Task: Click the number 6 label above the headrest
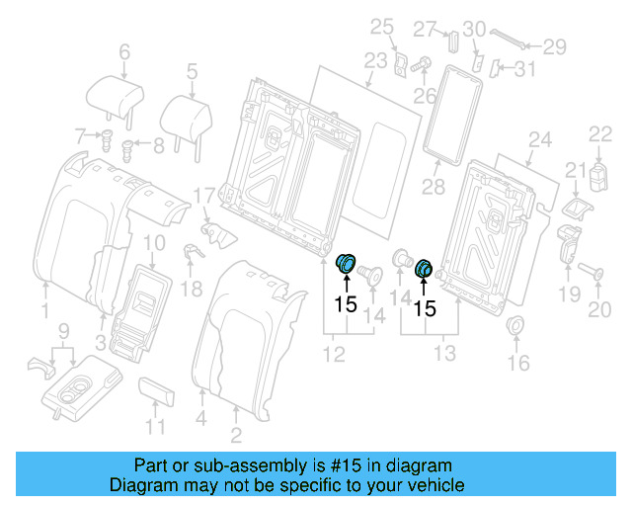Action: pos(124,52)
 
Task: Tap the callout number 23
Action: pos(375,60)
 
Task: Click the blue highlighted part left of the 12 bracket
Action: pos(347,264)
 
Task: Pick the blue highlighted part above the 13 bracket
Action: pos(425,268)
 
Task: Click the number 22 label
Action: pos(600,133)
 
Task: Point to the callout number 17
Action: pos(203,195)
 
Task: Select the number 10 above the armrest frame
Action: pos(155,242)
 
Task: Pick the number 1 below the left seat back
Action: pos(44,313)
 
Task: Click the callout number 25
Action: pos(381,27)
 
